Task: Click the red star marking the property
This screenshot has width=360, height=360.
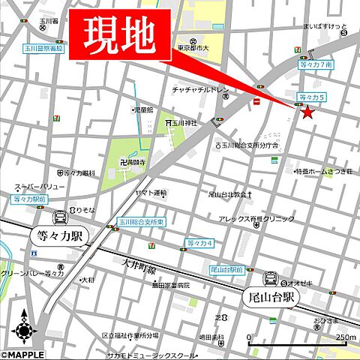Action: click(307, 112)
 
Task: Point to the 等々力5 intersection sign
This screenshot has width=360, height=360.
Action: click(312, 97)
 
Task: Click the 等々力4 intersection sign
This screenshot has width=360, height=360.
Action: click(200, 243)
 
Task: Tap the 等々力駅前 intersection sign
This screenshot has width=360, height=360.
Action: click(29, 200)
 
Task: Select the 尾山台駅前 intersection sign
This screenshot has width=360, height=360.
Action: click(226, 268)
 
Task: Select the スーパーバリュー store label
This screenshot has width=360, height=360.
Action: click(40, 187)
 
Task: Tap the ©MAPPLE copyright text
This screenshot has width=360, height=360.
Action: click(22, 354)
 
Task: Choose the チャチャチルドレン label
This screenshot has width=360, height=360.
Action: click(200, 90)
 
